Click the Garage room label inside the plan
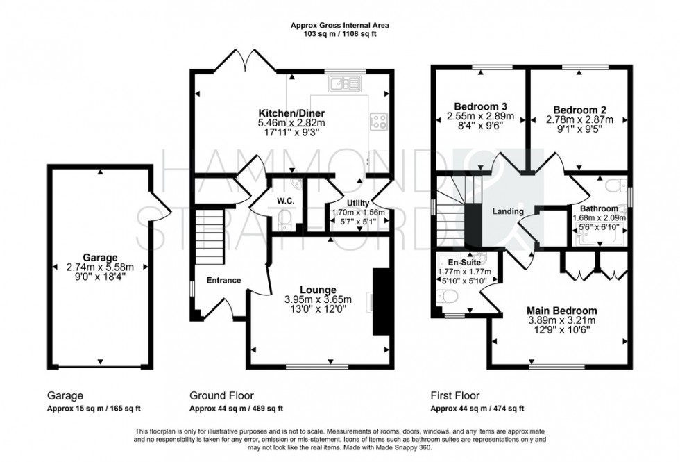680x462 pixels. coord(99,256)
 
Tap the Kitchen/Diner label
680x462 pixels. coord(291,113)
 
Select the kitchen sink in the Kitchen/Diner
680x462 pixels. coord(341,85)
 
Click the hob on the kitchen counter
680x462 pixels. coord(380,122)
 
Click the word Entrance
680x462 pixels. coord(223,281)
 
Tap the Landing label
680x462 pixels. coord(508,211)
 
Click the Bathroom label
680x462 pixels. coord(599,208)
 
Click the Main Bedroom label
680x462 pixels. coord(561,311)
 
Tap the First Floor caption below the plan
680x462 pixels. coord(454,396)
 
